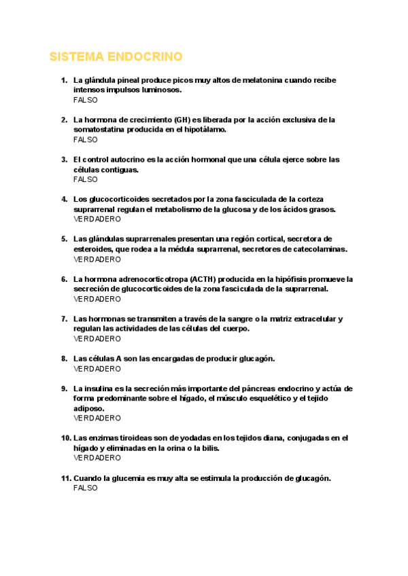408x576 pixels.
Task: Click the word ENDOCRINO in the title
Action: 148,56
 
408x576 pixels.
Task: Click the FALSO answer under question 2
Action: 85,139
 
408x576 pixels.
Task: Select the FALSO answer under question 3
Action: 85,179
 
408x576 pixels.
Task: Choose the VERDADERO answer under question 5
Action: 97,259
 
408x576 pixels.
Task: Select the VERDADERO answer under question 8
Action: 97,369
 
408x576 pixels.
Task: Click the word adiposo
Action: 88,408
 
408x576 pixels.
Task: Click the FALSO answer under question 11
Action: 85,488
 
